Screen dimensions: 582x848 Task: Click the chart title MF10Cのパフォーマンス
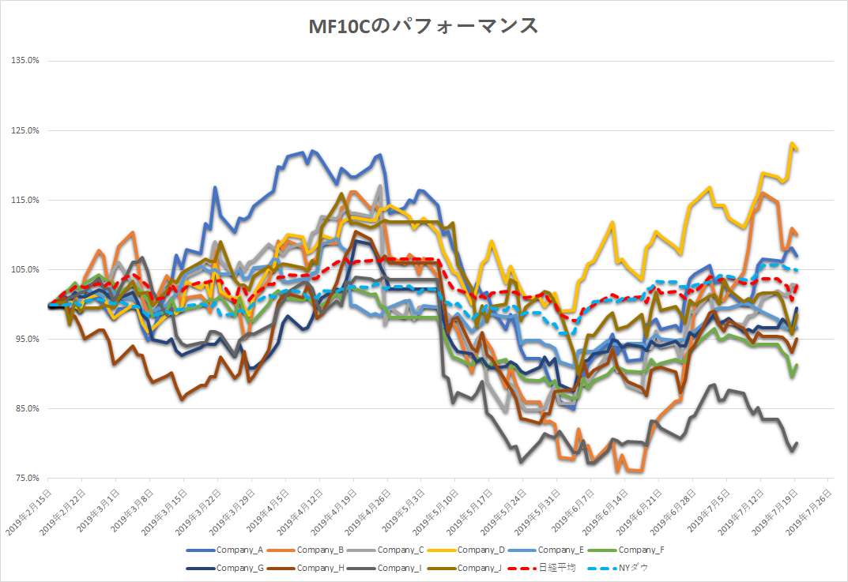[x=424, y=26]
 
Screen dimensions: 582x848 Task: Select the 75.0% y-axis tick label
[x=27, y=478]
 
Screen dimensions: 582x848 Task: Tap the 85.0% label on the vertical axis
[x=27, y=408]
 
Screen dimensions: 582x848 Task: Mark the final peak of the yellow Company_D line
[x=791, y=144]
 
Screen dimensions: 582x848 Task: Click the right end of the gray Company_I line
[x=797, y=444]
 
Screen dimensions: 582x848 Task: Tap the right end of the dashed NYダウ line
[x=797, y=270]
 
